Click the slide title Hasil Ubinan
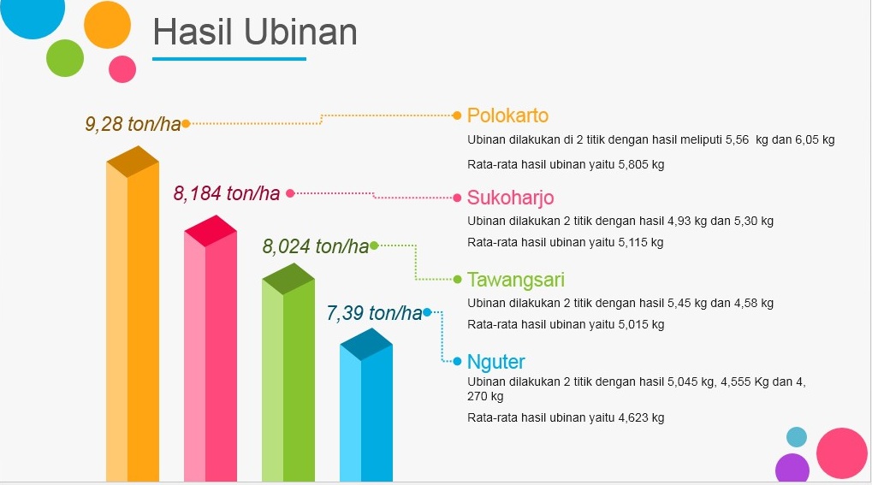(255, 33)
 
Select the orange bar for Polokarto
(133, 314)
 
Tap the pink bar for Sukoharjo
(211, 348)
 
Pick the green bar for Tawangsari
(288, 372)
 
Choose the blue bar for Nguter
(366, 405)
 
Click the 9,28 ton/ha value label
(133, 123)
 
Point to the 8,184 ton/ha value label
(226, 193)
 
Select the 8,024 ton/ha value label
(315, 245)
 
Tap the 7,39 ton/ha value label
(374, 312)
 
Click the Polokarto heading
(507, 115)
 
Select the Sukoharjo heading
(511, 198)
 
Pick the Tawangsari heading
(516, 279)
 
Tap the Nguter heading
(496, 362)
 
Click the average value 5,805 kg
(641, 164)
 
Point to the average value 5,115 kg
(641, 243)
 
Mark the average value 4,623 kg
(641, 417)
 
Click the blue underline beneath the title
(229, 58)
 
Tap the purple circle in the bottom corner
(792, 468)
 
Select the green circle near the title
(65, 58)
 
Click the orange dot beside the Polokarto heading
(457, 115)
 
